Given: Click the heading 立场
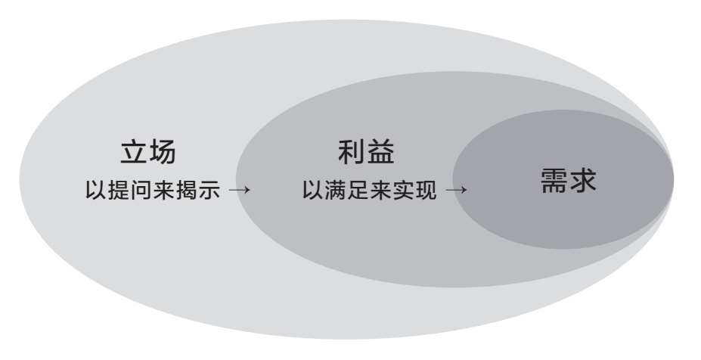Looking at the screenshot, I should click(148, 152).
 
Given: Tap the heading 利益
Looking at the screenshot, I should click(367, 152).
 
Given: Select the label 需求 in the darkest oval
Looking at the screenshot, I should click(569, 180).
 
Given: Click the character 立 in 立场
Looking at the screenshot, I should click(134, 152).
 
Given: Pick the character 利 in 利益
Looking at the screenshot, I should click(352, 152).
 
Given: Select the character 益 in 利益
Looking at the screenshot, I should click(381, 152).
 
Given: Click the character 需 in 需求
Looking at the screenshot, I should click(554, 180).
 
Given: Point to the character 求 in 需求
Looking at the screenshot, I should click(584, 180).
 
